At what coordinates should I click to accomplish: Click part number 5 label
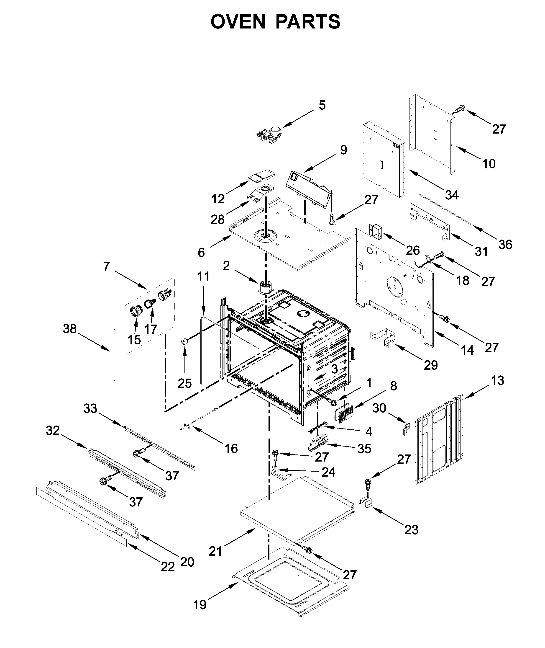tap(322, 106)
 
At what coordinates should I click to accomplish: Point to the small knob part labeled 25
tap(184, 341)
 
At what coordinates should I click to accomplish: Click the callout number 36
tap(505, 245)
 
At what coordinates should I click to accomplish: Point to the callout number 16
tap(231, 449)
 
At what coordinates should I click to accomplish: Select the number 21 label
tap(215, 551)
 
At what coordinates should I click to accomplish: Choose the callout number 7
tap(106, 266)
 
